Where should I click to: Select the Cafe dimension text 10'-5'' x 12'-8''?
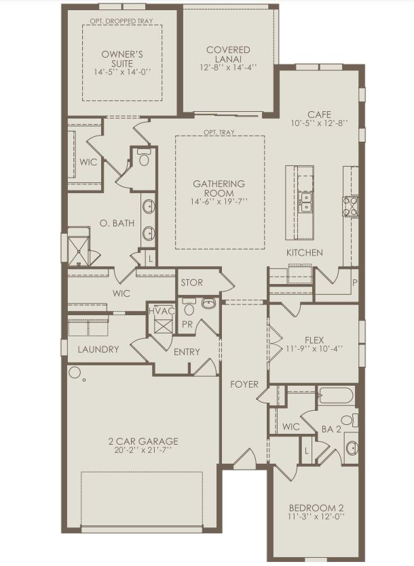[318, 123]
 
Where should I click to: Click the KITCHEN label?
[304, 253]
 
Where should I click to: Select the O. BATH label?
[117, 223]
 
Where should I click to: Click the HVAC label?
[162, 310]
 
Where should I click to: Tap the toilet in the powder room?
[208, 303]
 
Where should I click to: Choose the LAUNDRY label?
[98, 350]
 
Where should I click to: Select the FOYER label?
[244, 384]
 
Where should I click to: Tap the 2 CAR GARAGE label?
[143, 441]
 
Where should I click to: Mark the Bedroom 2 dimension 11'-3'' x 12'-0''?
[317, 517]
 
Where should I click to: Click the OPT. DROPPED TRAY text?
[121, 20]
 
